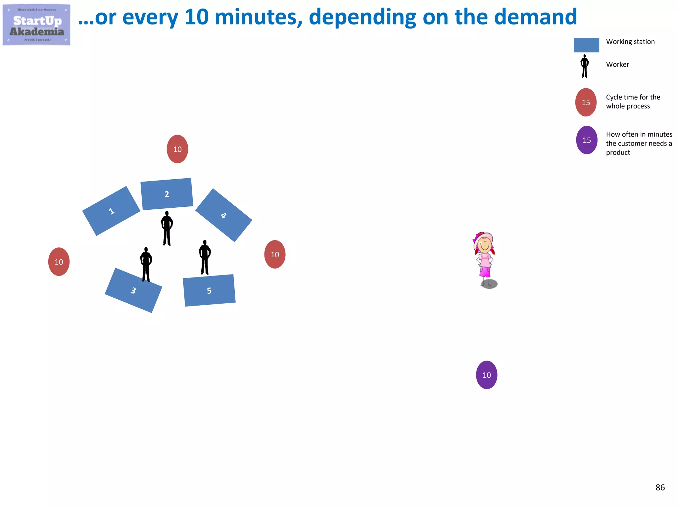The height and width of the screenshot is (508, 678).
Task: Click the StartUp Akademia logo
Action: [36, 25]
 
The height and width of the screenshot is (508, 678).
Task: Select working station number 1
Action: [111, 211]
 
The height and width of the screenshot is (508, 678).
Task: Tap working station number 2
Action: [167, 194]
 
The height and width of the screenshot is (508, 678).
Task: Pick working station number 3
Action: [133, 290]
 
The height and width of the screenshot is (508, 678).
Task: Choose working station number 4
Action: [224, 215]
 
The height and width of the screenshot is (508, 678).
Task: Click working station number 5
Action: [209, 290]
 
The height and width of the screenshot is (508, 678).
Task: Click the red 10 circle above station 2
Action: [177, 149]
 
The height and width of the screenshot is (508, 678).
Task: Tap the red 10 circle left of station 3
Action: [59, 262]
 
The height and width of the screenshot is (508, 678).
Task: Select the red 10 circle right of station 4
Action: [275, 254]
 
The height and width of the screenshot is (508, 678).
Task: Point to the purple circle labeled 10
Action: [487, 375]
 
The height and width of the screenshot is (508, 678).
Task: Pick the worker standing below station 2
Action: [167, 228]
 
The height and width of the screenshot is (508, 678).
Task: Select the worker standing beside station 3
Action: [146, 264]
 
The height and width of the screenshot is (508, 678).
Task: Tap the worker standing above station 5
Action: [205, 257]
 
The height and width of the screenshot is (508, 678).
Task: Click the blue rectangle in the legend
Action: [586, 45]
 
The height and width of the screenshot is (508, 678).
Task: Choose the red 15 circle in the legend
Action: [586, 103]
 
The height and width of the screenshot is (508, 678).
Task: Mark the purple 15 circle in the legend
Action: [587, 140]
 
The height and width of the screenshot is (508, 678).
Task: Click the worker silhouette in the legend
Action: [585, 66]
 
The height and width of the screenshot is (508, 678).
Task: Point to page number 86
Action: [660, 487]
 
